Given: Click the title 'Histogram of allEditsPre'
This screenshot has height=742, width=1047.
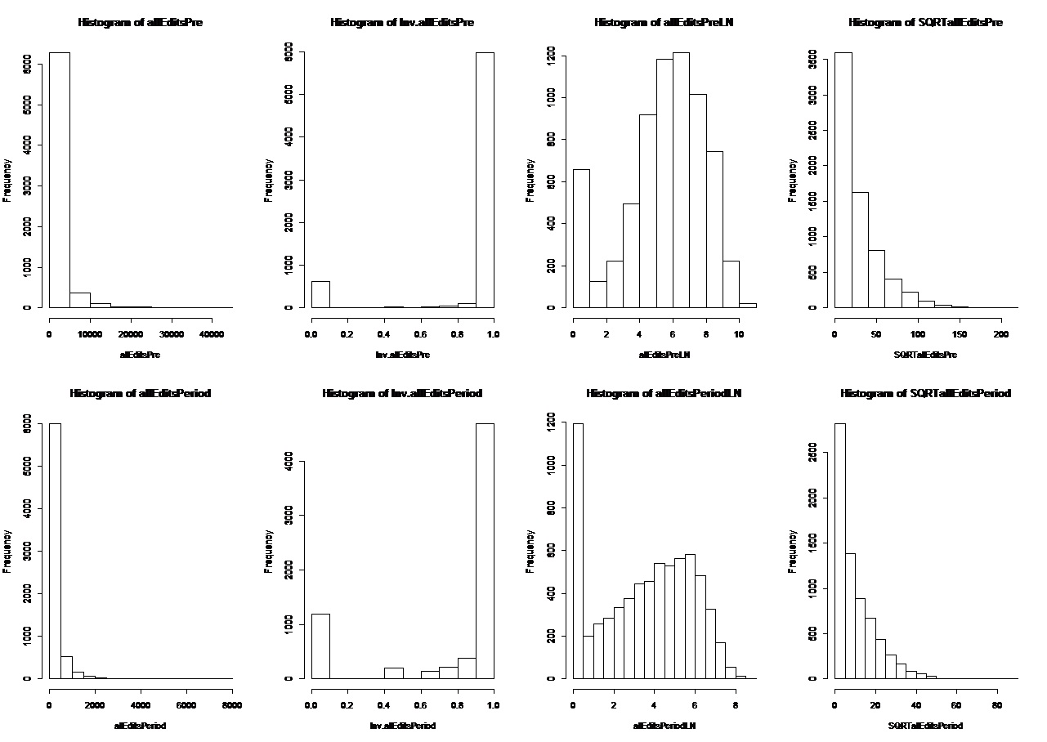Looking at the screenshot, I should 141,23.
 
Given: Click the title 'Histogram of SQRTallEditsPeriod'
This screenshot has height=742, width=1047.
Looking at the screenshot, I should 925,394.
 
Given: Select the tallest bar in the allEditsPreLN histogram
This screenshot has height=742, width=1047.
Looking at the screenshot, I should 681,180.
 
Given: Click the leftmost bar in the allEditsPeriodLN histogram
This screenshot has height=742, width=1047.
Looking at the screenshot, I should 578,551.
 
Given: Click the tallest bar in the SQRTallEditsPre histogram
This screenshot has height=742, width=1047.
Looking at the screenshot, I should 843,180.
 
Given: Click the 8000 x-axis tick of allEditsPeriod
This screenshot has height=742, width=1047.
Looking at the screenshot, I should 232,704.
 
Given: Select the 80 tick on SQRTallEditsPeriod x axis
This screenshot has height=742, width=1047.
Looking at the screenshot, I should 996,704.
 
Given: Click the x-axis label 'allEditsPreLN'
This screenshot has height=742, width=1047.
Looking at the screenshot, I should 664,355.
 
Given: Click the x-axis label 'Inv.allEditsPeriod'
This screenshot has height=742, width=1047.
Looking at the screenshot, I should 402,726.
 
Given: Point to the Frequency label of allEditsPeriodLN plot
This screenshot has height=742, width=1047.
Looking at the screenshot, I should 530,551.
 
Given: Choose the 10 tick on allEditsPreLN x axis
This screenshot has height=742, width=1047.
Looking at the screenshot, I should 739,333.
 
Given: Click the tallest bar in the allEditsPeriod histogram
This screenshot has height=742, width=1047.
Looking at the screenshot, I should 55,551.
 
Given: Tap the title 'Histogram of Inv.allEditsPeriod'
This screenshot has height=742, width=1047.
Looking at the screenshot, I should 402,394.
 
